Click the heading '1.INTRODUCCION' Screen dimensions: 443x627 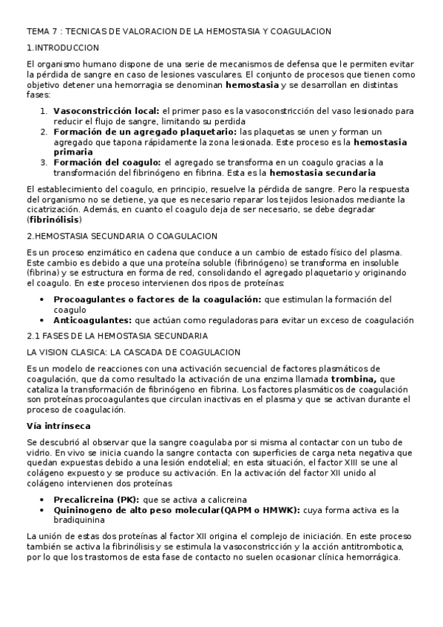(62, 48)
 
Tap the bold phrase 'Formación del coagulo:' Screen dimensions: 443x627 (106, 162)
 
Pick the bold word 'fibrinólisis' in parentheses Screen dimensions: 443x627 (54, 220)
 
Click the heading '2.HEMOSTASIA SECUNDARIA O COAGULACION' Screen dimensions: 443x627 (121, 236)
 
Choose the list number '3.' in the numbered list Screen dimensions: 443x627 (44, 162)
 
